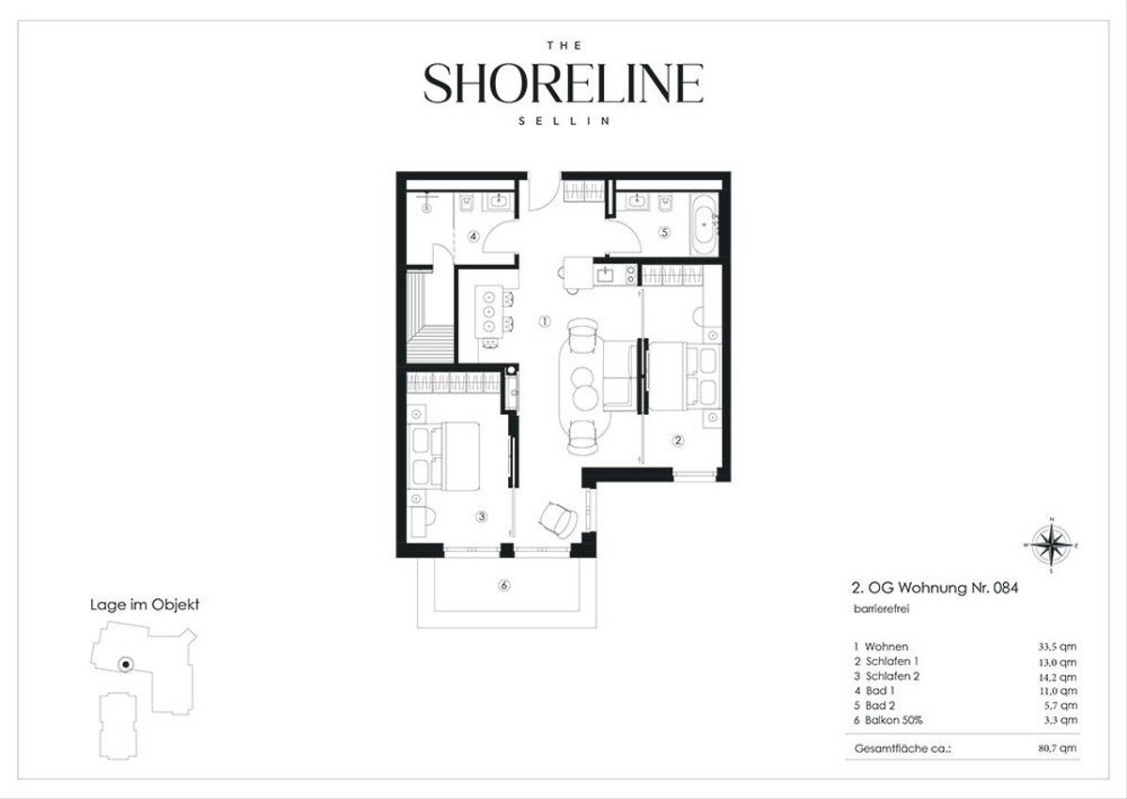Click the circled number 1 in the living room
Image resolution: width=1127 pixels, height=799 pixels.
point(545,321)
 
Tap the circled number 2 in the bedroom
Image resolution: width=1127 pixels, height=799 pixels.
point(678,440)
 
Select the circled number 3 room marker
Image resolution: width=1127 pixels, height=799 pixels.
point(482,516)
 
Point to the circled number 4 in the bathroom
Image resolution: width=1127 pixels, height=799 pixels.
point(473,237)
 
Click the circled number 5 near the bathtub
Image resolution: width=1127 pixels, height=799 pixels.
point(665,232)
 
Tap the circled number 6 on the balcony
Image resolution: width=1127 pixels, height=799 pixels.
point(504,585)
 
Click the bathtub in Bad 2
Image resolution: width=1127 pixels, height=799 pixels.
point(702,224)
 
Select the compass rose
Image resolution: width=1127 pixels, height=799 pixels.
point(1052,545)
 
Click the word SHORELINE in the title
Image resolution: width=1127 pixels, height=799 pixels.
point(563,83)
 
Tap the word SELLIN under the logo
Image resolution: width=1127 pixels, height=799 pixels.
point(564,121)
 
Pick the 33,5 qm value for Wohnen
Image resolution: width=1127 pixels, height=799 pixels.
point(1058,647)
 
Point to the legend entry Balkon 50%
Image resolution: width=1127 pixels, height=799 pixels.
point(893,720)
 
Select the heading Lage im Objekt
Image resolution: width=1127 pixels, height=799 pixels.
point(145,605)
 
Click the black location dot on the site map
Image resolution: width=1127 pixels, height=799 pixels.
point(126,664)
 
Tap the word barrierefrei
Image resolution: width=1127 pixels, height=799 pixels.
point(882,609)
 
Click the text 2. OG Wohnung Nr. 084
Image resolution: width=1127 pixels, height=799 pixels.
point(934,588)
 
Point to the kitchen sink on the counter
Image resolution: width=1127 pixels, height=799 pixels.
point(604,274)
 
